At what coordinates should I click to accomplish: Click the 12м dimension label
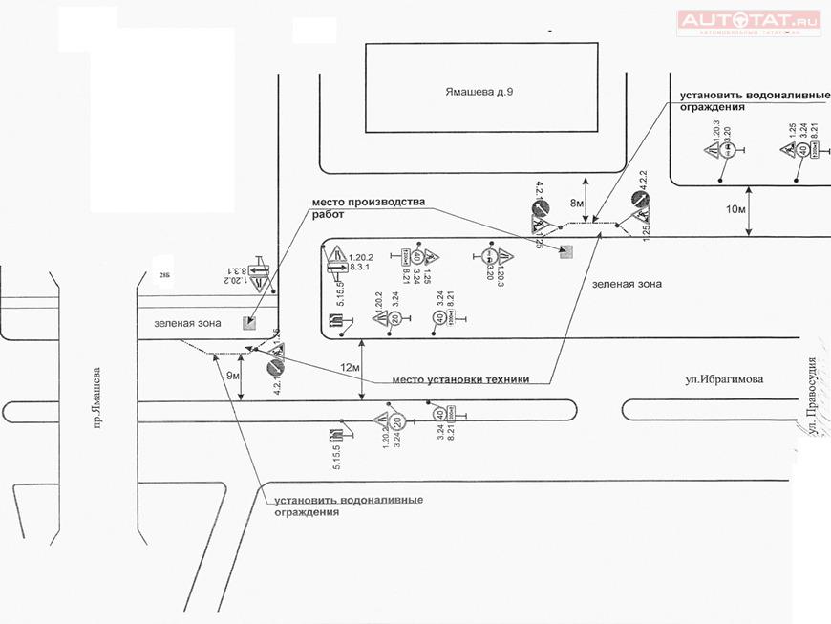(351, 368)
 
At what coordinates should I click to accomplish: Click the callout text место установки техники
(460, 379)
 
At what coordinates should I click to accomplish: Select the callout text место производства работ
(367, 208)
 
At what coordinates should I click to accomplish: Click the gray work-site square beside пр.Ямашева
(249, 323)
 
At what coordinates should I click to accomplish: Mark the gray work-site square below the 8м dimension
(566, 250)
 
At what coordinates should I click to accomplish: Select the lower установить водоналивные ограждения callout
(349, 506)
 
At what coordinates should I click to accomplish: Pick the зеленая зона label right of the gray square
(627, 284)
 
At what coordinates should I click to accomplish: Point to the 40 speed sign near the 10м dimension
(803, 150)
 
